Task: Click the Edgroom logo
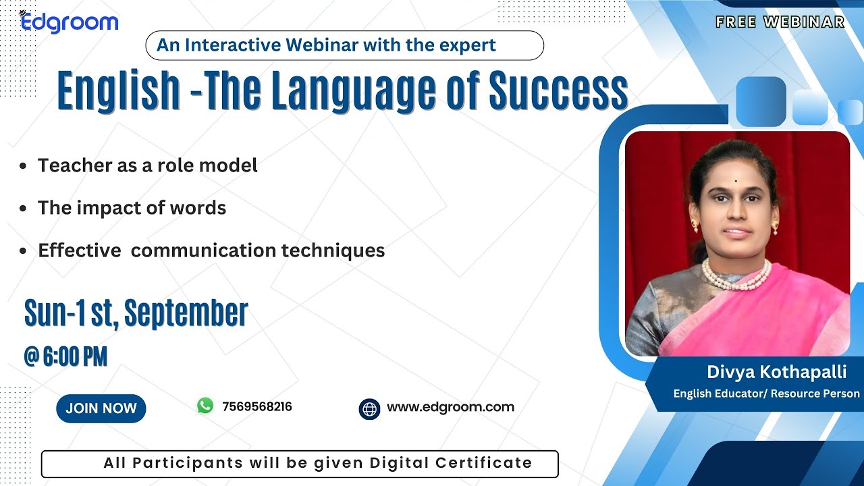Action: point(69,22)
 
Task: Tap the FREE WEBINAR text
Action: point(780,22)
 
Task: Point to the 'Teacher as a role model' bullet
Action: point(147,165)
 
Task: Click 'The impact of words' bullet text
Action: point(132,208)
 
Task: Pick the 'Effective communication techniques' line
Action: point(211,250)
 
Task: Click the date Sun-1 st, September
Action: point(136,313)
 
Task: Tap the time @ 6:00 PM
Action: point(65,356)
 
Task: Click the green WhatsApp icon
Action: point(205,406)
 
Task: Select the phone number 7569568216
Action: point(256,407)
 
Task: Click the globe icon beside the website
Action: point(369,409)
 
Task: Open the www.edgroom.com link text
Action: point(450,407)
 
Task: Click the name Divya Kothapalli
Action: point(776,372)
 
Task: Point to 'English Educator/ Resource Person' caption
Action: point(766,394)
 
